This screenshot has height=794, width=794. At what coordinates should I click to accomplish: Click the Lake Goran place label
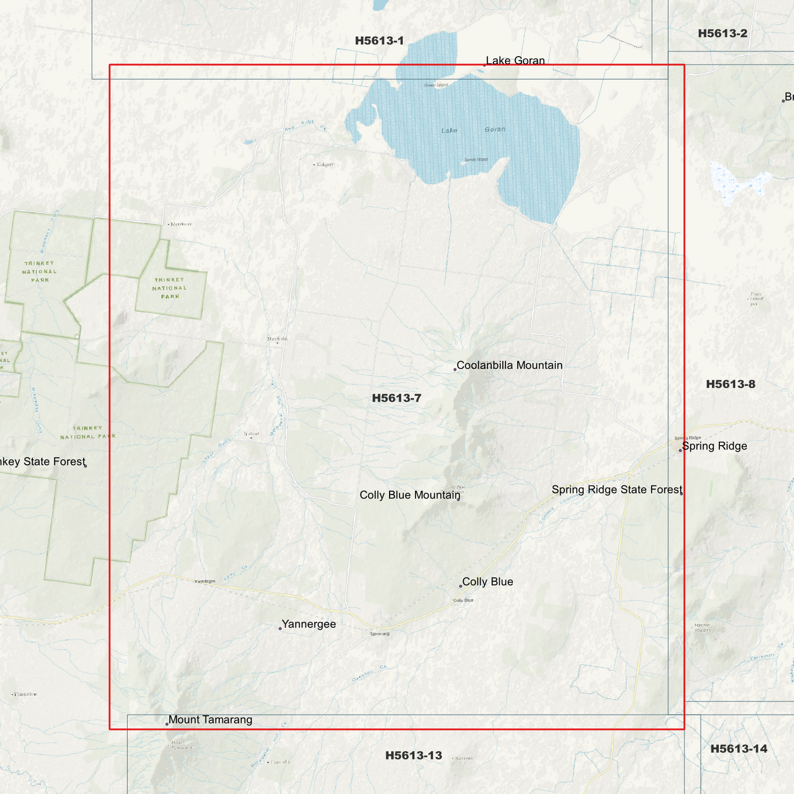click(x=515, y=60)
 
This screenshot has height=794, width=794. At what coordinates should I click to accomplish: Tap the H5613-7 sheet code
click(x=396, y=398)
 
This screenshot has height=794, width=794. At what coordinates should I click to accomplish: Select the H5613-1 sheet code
click(x=379, y=41)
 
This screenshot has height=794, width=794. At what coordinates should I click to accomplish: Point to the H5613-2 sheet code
click(x=722, y=34)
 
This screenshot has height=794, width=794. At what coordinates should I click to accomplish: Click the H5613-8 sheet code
click(x=730, y=384)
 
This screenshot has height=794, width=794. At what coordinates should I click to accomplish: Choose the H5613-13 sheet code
click(x=413, y=756)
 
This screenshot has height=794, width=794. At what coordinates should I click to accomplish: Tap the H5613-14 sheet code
click(x=739, y=749)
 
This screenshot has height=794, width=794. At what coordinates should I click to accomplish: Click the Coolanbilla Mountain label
click(x=509, y=365)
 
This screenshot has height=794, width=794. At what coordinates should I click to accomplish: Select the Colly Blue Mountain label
click(x=409, y=495)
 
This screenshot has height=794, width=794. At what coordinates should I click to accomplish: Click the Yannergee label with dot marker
click(x=308, y=624)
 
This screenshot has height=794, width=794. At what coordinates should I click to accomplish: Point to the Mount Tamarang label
click(x=210, y=720)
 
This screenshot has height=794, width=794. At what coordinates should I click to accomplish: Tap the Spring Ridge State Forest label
click(x=617, y=490)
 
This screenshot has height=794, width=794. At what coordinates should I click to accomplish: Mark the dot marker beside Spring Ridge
click(x=680, y=451)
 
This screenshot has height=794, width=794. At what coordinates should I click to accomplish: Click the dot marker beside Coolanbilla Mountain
click(x=455, y=370)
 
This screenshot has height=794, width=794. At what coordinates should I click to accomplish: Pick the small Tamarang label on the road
click(x=380, y=634)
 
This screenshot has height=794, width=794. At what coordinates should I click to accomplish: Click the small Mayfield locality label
click(x=277, y=339)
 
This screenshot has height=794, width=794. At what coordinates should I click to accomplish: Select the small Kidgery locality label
click(x=324, y=164)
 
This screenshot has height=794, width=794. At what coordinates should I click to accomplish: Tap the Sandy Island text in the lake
click(x=476, y=160)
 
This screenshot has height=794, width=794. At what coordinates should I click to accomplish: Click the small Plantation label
click(x=25, y=695)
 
